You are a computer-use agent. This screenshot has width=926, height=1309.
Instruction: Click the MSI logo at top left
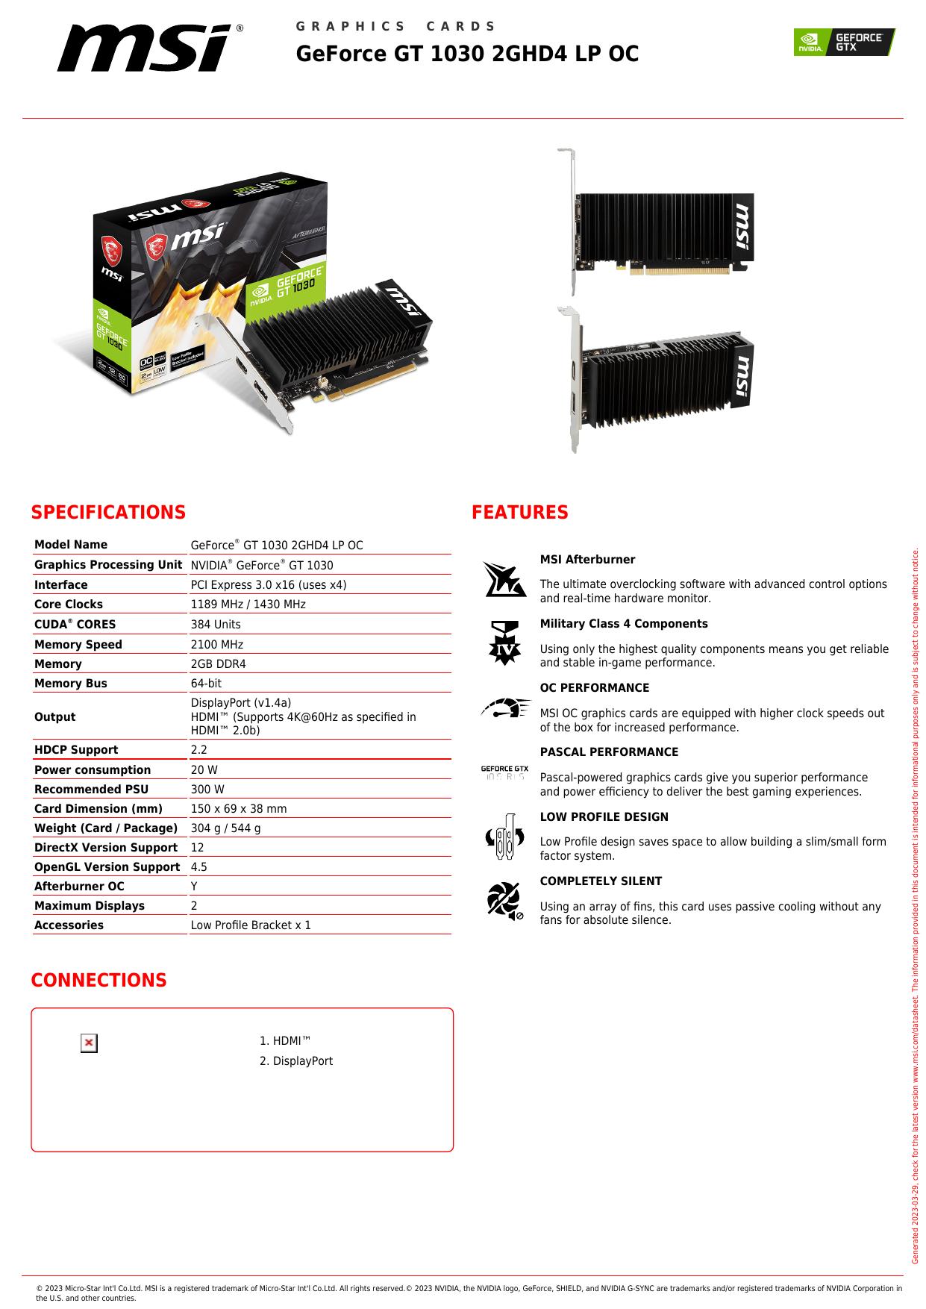pyautogui.click(x=149, y=49)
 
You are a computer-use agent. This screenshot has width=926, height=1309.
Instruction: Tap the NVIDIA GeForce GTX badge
pyautogui.click(x=844, y=42)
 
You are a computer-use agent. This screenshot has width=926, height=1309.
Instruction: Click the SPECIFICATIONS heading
pyautogui.click(x=108, y=513)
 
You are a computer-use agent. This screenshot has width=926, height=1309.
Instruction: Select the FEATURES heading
pyautogui.click(x=519, y=513)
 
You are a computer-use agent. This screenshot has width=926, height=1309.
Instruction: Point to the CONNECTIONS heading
pyautogui.click(x=98, y=981)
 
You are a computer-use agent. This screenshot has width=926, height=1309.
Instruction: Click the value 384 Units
pyautogui.click(x=216, y=625)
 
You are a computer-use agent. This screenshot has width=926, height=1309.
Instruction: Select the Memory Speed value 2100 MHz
pyautogui.click(x=217, y=645)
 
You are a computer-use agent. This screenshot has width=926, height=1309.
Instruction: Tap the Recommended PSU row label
pyautogui.click(x=91, y=790)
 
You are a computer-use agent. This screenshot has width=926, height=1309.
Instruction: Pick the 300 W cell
pyautogui.click(x=207, y=790)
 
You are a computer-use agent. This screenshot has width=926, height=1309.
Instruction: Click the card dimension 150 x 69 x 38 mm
pyautogui.click(x=239, y=809)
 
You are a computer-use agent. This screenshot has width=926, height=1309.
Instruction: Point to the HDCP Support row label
pyautogui.click(x=76, y=750)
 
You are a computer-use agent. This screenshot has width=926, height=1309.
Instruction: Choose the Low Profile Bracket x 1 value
pyautogui.click(x=251, y=925)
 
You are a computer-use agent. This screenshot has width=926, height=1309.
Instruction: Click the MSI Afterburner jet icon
pyautogui.click(x=504, y=580)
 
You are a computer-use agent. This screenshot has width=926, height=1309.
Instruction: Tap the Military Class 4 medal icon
pyautogui.click(x=504, y=643)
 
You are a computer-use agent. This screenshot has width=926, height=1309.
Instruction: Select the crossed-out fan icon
pyautogui.click(x=504, y=900)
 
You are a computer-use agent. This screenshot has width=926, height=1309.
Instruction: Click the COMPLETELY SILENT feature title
pyautogui.click(x=601, y=881)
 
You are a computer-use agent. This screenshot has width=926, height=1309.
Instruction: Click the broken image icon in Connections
pyautogui.click(x=89, y=1043)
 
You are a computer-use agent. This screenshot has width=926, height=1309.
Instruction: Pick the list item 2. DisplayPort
pyautogui.click(x=296, y=1061)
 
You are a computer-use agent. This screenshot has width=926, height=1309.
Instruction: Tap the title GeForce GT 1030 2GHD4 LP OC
pyautogui.click(x=467, y=54)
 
